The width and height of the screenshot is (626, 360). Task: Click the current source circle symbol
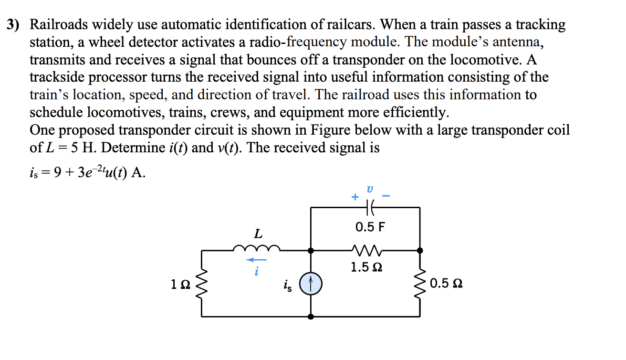311,285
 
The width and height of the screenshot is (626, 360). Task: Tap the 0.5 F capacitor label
370,227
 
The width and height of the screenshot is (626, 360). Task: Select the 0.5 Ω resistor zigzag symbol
420,286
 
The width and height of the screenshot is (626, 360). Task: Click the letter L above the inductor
258,234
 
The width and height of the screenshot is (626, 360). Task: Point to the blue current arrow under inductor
256,260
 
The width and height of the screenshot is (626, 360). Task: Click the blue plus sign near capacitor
355,197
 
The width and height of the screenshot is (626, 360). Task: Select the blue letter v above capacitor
369,189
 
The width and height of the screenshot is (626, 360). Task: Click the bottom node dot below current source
311,316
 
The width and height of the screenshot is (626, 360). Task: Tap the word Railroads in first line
60,24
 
